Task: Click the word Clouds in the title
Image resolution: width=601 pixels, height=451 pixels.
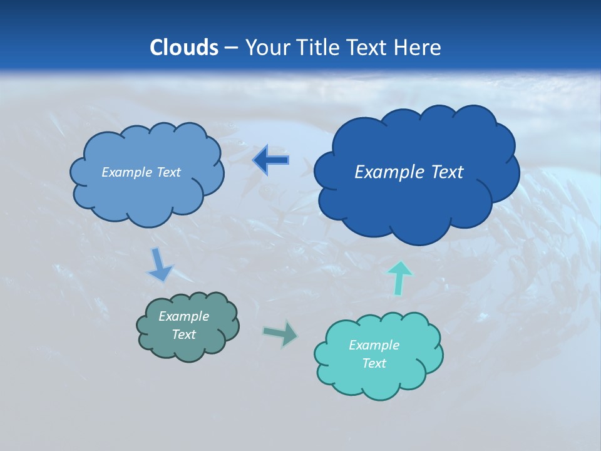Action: (183, 48)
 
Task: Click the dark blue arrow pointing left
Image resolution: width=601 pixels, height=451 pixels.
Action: (271, 160)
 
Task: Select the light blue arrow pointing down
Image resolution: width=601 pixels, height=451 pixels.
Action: (160, 265)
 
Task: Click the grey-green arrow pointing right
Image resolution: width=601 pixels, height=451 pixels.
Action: (281, 333)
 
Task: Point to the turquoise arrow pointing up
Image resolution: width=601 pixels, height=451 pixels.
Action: (399, 277)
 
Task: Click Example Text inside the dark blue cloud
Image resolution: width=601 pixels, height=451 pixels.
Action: (409, 172)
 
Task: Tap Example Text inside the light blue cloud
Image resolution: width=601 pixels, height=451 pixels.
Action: (141, 172)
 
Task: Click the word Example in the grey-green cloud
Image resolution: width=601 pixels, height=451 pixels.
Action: (183, 316)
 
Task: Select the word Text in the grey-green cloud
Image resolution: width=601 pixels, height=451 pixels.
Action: (183, 334)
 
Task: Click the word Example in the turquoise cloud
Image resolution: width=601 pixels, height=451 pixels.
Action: (374, 345)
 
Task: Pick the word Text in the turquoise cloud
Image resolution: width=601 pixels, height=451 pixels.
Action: (374, 363)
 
